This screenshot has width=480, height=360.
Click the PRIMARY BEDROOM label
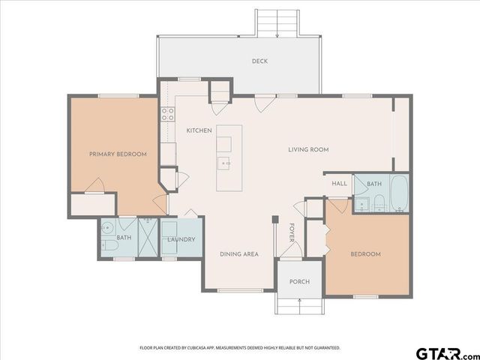point(118,154)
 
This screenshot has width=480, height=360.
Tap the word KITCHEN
point(199,130)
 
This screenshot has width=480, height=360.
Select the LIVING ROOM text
point(308,149)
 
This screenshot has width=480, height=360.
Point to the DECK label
point(259,61)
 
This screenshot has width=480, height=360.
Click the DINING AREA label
point(239,254)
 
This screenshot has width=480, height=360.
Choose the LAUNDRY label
point(181,240)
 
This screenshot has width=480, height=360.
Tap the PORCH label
point(299,282)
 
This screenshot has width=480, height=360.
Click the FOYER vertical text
point(292,234)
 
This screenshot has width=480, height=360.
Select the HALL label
point(339,184)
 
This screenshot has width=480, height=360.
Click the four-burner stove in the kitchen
point(168,115)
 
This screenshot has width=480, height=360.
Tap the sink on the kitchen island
point(224,162)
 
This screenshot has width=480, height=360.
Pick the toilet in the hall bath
point(379,200)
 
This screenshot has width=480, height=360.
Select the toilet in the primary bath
point(108,245)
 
